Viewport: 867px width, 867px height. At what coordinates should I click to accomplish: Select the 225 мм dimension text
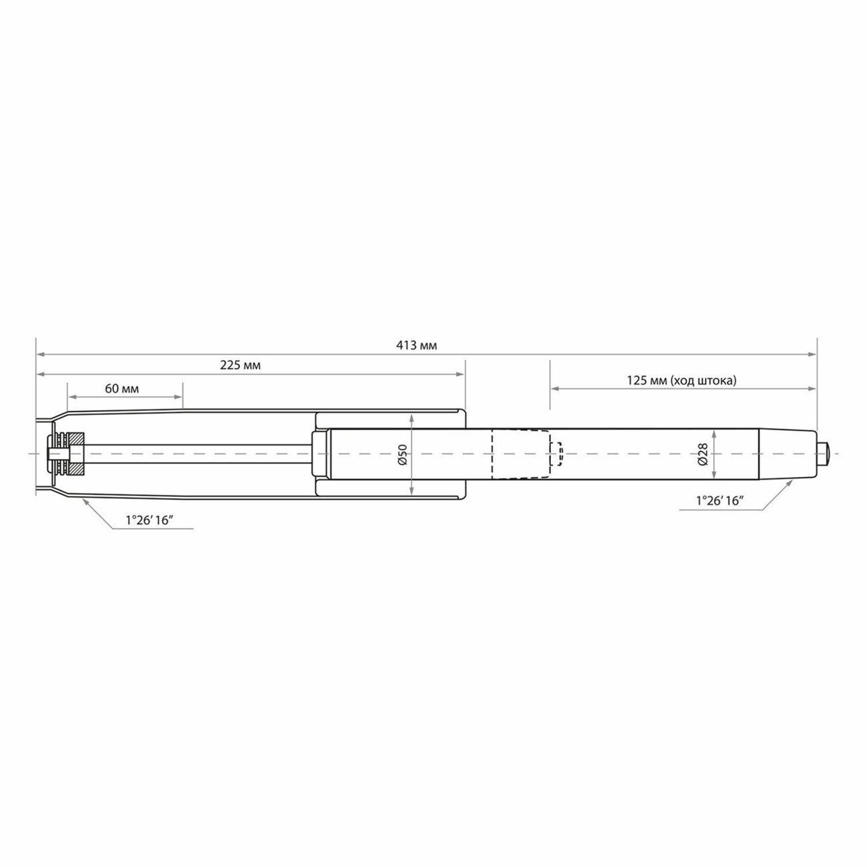pos(240,365)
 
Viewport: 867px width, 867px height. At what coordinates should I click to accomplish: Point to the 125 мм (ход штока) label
pos(681,381)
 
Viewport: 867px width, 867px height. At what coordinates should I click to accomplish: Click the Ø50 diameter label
pos(403,454)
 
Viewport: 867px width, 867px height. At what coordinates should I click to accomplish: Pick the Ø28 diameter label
pos(703,454)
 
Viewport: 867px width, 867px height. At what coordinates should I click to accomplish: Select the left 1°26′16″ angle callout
pos(149,521)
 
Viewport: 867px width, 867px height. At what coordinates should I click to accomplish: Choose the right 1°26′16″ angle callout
pos(719,502)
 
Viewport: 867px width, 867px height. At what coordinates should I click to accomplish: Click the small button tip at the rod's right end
pos(824,454)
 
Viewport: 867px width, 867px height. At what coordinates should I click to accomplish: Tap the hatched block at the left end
pos(77,454)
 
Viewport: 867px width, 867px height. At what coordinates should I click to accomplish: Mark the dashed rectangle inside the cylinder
pos(520,454)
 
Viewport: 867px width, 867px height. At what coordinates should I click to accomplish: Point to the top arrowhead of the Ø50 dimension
pos(413,417)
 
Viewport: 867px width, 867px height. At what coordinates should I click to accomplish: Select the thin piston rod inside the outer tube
pos(200,454)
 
